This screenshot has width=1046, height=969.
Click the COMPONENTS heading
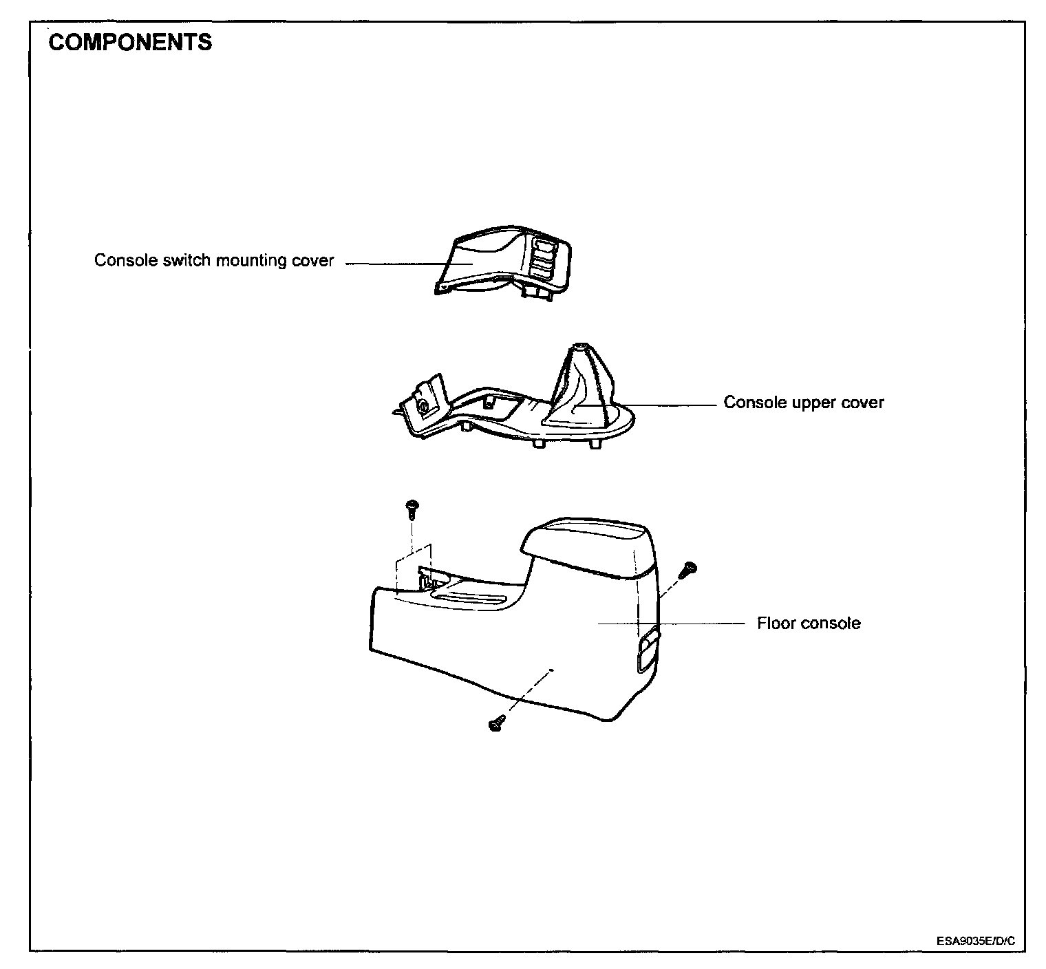pos(131,43)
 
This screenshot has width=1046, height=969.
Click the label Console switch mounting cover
pos(213,261)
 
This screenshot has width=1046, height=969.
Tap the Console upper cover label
pos(803,403)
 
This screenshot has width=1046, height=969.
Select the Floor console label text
pos(809,624)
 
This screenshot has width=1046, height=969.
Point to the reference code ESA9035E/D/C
pos(975,940)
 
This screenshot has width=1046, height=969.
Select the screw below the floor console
pos(495,723)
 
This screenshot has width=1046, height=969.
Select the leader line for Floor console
pos(671,624)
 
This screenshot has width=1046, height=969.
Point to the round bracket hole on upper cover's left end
pos(424,407)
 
